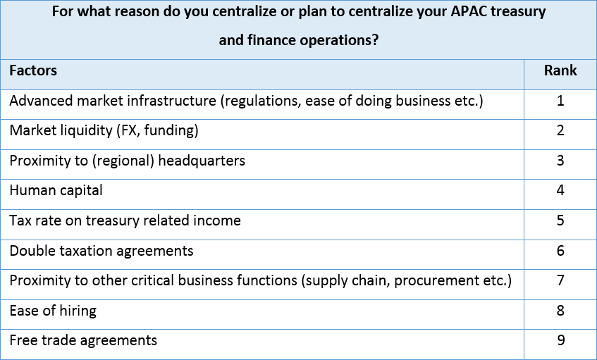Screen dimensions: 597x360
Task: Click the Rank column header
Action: (x=560, y=70)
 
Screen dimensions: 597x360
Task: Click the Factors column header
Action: (x=33, y=70)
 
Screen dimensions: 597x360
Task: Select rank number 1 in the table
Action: (x=560, y=101)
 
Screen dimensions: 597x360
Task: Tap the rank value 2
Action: (x=560, y=130)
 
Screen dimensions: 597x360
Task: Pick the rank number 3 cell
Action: (x=560, y=161)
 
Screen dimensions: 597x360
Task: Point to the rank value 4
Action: (x=560, y=190)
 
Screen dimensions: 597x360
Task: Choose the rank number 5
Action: (x=560, y=221)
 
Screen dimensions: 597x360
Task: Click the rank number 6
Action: (x=560, y=251)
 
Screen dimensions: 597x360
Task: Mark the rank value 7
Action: (x=560, y=280)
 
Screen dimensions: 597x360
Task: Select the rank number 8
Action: (x=560, y=311)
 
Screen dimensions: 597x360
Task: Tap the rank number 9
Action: (x=560, y=340)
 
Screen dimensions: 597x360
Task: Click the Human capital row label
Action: (x=56, y=191)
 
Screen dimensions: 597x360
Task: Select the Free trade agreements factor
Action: (x=83, y=340)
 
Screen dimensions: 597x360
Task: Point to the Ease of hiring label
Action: (x=53, y=311)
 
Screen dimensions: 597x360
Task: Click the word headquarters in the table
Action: (x=202, y=161)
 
